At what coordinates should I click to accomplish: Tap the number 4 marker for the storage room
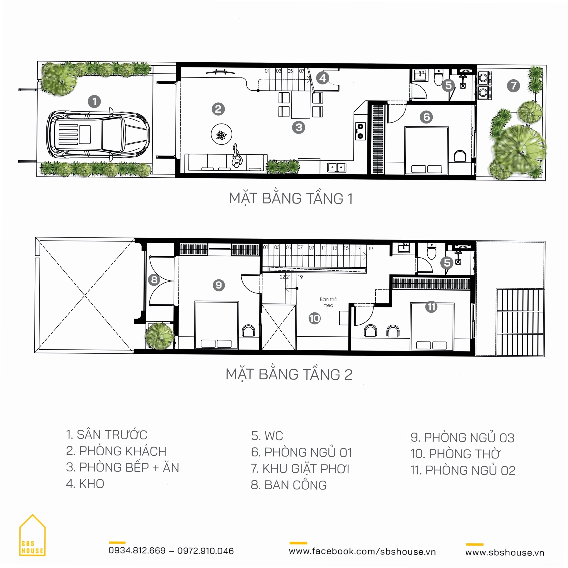(x=323, y=78)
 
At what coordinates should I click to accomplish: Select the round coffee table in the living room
(x=222, y=134)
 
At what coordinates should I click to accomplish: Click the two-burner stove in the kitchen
(x=360, y=131)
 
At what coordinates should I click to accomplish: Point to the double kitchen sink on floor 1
(x=337, y=167)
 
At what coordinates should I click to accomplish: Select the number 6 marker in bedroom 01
(x=426, y=117)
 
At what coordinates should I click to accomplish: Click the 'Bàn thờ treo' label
(x=329, y=302)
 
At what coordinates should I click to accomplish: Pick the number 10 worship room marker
(x=315, y=318)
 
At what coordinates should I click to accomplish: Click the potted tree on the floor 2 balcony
(x=159, y=335)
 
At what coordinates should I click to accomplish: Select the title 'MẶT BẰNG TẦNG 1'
(x=291, y=199)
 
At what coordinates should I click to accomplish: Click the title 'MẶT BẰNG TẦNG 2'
(x=289, y=374)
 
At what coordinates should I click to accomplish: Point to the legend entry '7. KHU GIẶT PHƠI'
(x=300, y=469)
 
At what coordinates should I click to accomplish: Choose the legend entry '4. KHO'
(x=85, y=484)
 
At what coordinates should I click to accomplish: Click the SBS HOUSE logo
(x=32, y=540)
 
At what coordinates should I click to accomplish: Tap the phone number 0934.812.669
(x=137, y=551)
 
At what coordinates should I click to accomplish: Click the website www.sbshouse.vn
(x=505, y=552)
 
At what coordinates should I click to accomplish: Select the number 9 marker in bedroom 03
(x=219, y=285)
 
